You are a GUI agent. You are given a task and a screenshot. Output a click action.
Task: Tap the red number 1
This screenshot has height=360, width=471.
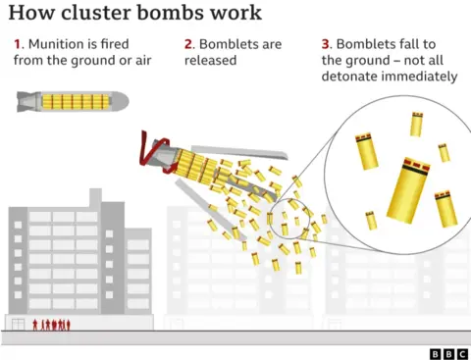pos(18,43)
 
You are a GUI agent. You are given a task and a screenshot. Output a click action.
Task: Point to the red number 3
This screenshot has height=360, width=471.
pos(325,43)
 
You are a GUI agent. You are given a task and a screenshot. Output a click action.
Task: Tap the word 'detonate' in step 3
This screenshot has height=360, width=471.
pos(356,77)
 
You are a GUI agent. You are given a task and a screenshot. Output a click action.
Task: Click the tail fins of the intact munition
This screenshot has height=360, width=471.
pos(26,100)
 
